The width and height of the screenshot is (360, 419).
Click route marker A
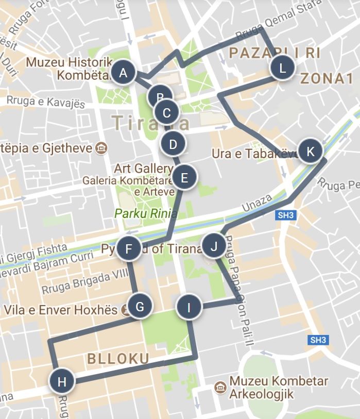123,73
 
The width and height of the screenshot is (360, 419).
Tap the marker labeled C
166,112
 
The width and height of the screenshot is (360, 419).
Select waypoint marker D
173,144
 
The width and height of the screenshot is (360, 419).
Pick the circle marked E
184,178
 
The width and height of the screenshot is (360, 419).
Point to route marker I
189,308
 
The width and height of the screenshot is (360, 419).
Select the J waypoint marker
214,247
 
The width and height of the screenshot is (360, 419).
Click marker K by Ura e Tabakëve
310,152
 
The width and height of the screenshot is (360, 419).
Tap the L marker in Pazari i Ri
282,68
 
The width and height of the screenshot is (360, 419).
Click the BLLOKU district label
118,359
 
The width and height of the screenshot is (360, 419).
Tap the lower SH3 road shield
318,340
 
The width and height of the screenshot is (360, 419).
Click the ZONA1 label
328,79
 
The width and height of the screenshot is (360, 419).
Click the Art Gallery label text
143,169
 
